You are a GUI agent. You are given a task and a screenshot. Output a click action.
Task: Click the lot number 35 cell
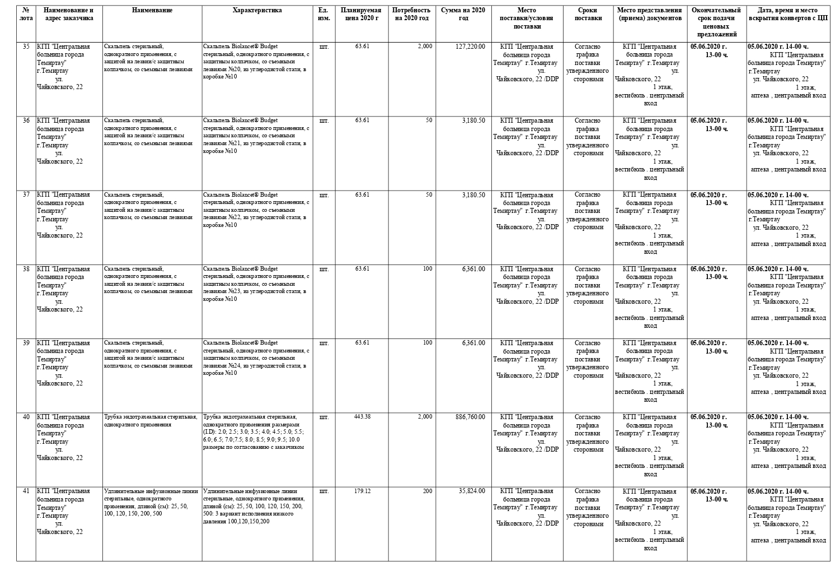pos(26,47)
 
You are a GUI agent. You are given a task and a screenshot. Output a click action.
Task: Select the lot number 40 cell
pos(26,417)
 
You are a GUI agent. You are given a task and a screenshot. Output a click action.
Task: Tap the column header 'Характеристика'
pos(257,10)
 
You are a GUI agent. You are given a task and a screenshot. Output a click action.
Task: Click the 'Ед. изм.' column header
pos(323,14)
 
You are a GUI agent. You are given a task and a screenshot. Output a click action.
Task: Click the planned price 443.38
pos(362,416)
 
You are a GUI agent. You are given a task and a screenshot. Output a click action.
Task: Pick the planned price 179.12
pos(362,491)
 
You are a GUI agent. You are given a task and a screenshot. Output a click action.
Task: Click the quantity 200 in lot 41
pos(427,491)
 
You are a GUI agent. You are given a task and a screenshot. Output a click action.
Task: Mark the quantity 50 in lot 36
pos(429,120)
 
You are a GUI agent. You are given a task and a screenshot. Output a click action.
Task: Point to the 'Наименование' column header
pos(152,10)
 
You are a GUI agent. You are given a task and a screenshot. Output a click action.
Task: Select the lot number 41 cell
pos(26,491)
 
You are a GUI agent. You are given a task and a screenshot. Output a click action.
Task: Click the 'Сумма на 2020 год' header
pos(463,14)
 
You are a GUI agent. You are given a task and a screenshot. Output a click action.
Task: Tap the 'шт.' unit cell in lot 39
pos(323,343)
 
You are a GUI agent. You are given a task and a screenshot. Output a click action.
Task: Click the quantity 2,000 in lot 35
pos(425,47)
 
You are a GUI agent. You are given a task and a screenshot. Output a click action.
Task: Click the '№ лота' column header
pos(26,14)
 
